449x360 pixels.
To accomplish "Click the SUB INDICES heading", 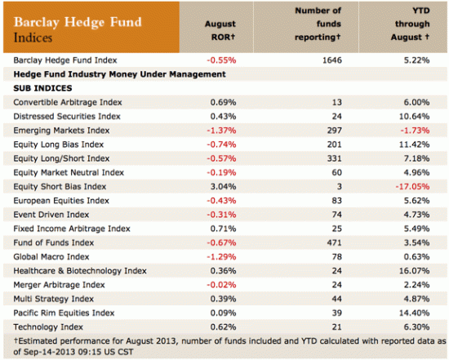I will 43,87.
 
